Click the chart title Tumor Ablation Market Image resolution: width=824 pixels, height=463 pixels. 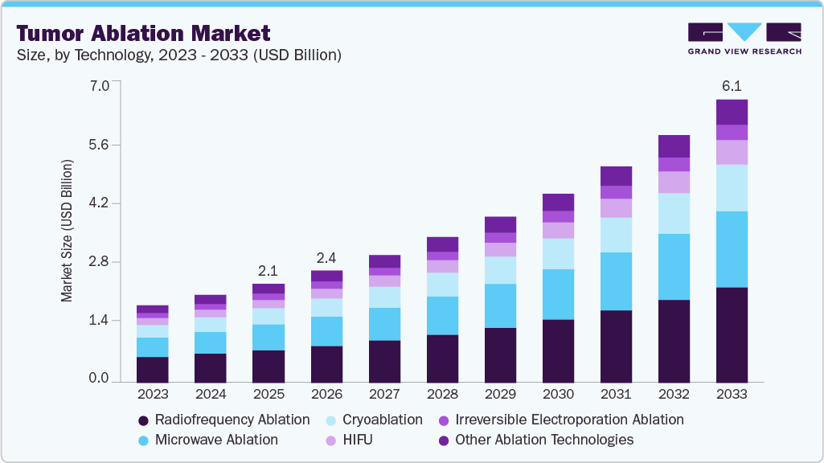click(x=143, y=33)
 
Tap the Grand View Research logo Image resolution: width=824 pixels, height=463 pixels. click(x=744, y=38)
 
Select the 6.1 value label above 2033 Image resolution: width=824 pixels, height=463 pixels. click(x=732, y=85)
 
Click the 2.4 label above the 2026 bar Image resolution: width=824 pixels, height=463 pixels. click(x=326, y=257)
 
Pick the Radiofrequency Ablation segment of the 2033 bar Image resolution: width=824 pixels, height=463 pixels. click(x=732, y=334)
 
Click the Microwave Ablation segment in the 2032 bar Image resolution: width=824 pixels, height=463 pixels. click(x=674, y=267)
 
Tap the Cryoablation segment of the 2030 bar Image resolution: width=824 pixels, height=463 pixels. click(x=558, y=254)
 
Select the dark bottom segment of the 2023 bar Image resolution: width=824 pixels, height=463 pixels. click(x=153, y=369)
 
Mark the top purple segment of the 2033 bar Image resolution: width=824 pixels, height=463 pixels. click(x=732, y=112)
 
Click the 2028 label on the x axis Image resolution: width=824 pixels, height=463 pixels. click(x=442, y=395)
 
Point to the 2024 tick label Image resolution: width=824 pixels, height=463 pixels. click(x=211, y=395)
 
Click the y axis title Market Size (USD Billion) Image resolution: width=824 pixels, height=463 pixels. click(x=67, y=231)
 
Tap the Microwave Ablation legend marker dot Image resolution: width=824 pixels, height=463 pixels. click(x=143, y=440)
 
